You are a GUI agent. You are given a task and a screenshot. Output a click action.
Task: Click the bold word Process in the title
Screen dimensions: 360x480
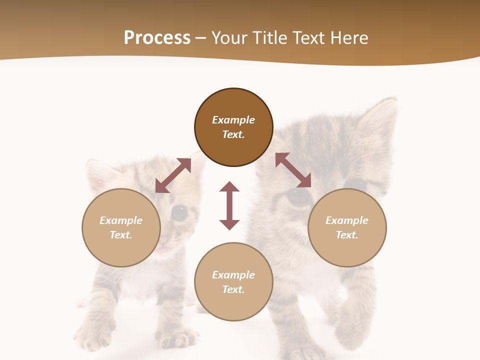[x=157, y=38]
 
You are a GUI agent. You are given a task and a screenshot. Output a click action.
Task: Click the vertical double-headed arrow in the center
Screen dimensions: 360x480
[x=229, y=205]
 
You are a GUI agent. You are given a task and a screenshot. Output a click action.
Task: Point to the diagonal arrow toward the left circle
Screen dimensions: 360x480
[x=173, y=175]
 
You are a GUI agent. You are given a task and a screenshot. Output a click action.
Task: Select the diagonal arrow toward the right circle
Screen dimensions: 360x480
[x=293, y=170]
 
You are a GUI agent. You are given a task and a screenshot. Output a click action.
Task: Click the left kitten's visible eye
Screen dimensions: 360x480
[x=179, y=213]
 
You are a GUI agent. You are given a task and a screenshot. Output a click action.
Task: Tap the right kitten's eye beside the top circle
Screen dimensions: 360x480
[x=299, y=196]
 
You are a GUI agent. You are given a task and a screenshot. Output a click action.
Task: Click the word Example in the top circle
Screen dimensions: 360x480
[x=233, y=120]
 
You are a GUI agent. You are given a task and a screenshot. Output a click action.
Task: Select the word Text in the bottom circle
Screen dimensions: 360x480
[x=233, y=289]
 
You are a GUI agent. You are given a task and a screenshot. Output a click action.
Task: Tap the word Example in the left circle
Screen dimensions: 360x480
[x=121, y=220]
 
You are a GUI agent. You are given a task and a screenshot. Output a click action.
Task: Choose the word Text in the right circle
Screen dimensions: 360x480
[x=346, y=235]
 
